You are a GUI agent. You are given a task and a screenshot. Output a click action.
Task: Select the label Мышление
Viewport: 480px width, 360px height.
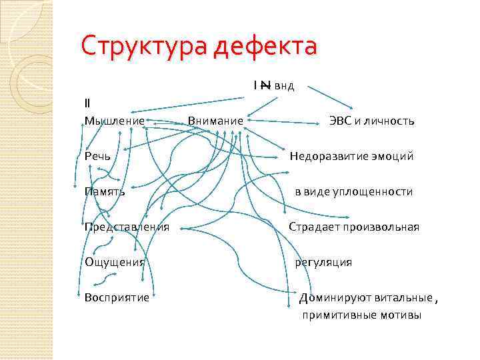coord(115,121)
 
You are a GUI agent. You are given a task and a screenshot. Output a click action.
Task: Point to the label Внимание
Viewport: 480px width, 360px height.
coord(215,121)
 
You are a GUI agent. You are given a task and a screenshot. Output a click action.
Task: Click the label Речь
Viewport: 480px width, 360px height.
coord(97,156)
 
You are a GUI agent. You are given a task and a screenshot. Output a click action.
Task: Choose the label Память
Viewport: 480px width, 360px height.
coord(105,191)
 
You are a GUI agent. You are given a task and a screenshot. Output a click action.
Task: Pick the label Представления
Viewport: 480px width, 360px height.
coord(127,227)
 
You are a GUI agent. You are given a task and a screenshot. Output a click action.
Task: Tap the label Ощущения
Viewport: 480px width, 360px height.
coord(115,262)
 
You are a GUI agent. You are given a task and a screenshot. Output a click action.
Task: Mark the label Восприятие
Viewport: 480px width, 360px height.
coord(117,297)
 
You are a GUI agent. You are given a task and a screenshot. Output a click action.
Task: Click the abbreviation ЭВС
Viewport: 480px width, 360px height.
coord(339,121)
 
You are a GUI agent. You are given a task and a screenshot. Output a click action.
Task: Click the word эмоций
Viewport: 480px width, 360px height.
coord(393,156)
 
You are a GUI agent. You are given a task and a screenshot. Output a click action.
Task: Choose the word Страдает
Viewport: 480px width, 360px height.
coord(314,227)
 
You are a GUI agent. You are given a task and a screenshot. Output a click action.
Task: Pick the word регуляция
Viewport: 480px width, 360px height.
coord(323,262)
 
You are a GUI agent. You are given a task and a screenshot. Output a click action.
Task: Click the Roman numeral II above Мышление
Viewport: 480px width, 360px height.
coord(88,103)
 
